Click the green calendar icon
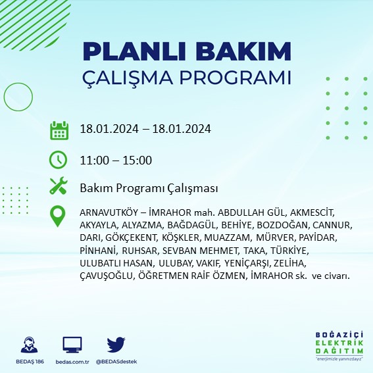pos(59,130)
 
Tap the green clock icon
pos(59,159)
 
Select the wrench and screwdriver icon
pos(59,187)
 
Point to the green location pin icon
pos(59,216)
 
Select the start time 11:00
pos(93,160)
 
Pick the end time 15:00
pos(138,160)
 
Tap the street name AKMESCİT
pos(311,212)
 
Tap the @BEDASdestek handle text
pos(116,362)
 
